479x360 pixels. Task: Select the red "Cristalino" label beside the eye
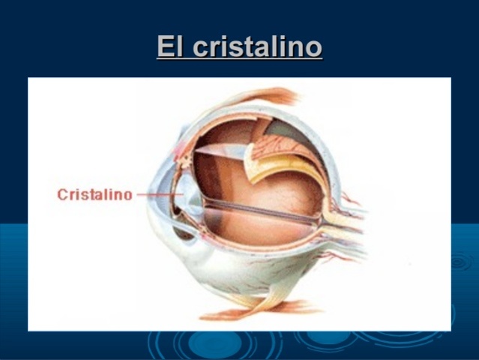[x=95, y=195]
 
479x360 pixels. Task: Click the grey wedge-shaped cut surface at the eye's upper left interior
[x=217, y=153]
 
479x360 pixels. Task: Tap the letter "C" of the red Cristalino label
[x=63, y=195]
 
